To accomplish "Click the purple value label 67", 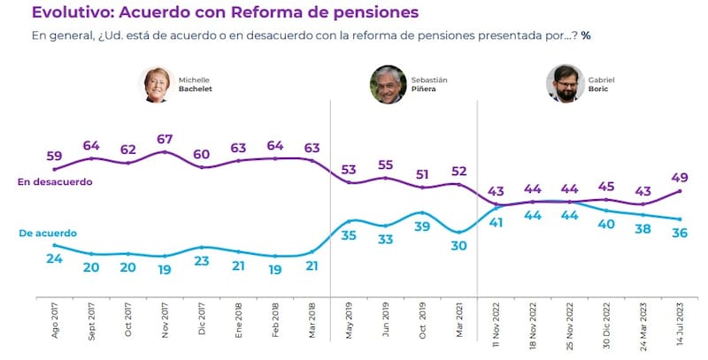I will click(x=165, y=139).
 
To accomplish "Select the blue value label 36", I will click(x=680, y=234).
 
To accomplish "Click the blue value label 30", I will click(x=458, y=248).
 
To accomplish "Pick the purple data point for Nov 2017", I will click(x=165, y=152).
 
